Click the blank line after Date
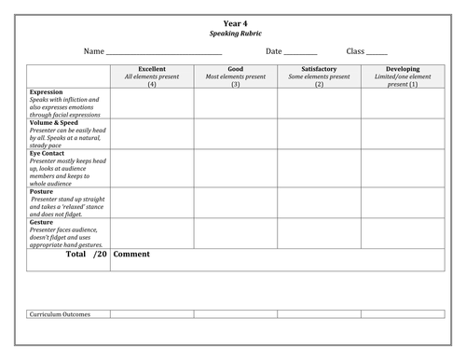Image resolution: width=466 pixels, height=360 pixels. click(x=300, y=52)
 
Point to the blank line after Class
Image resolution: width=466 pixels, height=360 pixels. click(x=377, y=52)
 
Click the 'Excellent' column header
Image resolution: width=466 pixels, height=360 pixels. click(x=152, y=69)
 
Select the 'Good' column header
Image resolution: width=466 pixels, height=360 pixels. click(x=236, y=69)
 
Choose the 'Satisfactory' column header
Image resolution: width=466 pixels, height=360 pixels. click(x=320, y=69)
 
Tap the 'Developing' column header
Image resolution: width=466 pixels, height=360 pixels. click(x=403, y=69)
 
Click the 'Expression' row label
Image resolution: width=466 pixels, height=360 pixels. click(x=47, y=92)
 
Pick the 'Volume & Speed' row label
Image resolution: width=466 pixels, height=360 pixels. click(x=57, y=122)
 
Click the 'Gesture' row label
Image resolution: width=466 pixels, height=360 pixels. click(x=44, y=222)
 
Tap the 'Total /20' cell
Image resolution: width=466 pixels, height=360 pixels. click(x=68, y=254)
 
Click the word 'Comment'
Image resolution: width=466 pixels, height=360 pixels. click(x=131, y=254)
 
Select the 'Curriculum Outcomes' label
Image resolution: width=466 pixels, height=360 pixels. click(x=65, y=313)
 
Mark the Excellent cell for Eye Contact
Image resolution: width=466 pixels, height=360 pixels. click(x=152, y=168)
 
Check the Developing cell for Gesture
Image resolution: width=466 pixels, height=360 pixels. click(x=403, y=233)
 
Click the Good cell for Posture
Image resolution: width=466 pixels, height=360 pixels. click(x=236, y=202)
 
